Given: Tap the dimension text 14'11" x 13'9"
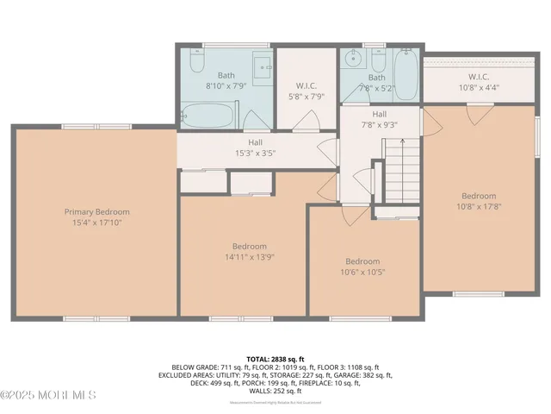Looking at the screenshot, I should pos(242,256).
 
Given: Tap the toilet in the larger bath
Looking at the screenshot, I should pos(196,64).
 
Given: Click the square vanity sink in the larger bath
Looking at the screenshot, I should pos(263,66).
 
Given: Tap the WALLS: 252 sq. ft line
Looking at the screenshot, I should pos(275,391).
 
